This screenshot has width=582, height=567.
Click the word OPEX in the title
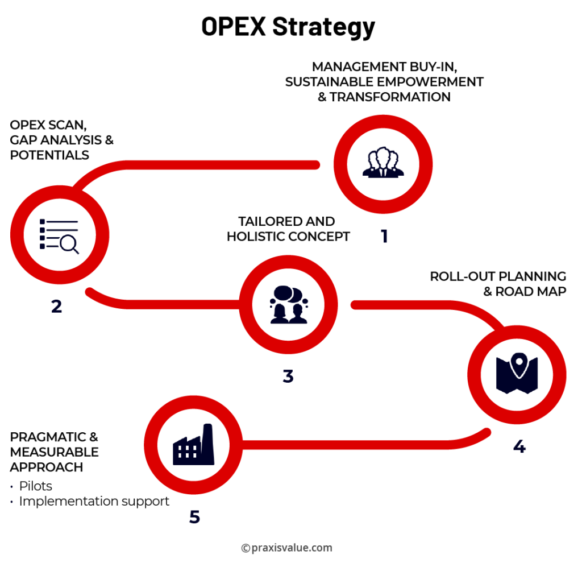[234, 27]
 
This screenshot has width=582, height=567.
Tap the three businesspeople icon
[383, 162]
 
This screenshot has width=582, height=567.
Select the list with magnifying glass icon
[59, 236]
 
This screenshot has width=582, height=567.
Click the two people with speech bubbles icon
[289, 305]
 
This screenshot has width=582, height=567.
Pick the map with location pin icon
[517, 373]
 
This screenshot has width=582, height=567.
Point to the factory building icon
[193, 445]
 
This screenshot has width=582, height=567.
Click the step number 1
[385, 236]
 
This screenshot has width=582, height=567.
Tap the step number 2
[56, 307]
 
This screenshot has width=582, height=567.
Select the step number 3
[288, 376]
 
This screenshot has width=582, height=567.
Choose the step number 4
[519, 446]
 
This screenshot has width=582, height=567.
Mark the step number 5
[194, 517]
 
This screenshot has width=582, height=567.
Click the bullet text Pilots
[36, 486]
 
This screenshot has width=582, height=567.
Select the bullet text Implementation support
[94, 501]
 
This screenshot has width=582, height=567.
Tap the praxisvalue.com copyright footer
[287, 548]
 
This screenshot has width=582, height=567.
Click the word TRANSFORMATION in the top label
[390, 97]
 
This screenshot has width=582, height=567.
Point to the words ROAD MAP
[531, 292]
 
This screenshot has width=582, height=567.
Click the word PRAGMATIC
[48, 437]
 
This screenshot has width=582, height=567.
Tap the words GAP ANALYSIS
[56, 140]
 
